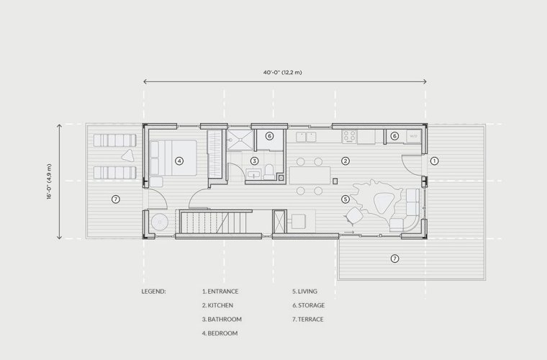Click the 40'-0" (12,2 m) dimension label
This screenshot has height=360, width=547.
pos(283,73)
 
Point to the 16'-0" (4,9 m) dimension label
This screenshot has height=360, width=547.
pos(49,181)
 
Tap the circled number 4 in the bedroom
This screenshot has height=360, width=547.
pos(179,161)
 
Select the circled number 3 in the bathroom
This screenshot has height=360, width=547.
pos(254,161)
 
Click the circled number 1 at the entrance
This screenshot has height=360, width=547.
pos(434,161)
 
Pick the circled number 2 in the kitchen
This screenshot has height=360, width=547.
pos(345,161)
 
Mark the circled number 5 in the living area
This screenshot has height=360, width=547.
pos(345,199)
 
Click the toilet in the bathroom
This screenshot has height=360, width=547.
pos(269,171)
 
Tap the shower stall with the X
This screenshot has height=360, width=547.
pos(240,140)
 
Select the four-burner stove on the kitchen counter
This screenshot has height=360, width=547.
pos(349,136)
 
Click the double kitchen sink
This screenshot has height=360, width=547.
pos(306,137)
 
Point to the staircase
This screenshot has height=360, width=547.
pos(213,222)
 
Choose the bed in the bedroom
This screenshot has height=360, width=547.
pos(173,158)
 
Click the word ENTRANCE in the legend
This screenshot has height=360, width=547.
pos(223,292)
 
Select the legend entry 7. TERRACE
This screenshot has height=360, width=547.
pos(308,319)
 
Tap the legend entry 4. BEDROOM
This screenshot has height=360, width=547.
pos(220,333)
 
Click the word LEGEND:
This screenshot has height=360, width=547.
pos(153,292)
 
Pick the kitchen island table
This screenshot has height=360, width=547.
pos(309,175)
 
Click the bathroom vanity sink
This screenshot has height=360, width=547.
pos(253,174)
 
